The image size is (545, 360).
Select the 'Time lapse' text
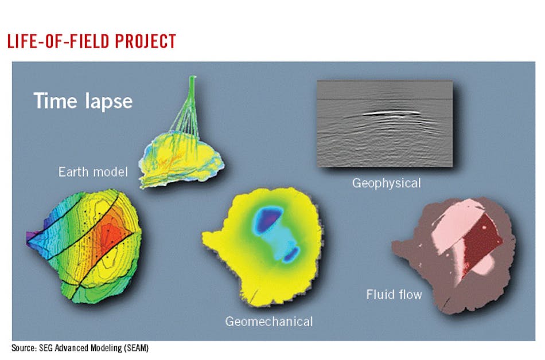coord(83,101)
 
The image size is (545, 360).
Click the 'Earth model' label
coord(92,171)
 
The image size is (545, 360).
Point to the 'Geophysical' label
coord(386,183)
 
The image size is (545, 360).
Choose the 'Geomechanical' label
coord(268,322)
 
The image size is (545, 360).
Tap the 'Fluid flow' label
coord(394,295)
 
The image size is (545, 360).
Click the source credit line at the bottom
coord(80,348)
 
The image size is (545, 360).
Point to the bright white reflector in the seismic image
coord(390,113)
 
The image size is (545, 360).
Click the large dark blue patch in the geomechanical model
coord(268,220)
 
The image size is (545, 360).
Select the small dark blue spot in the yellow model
coord(291,252)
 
